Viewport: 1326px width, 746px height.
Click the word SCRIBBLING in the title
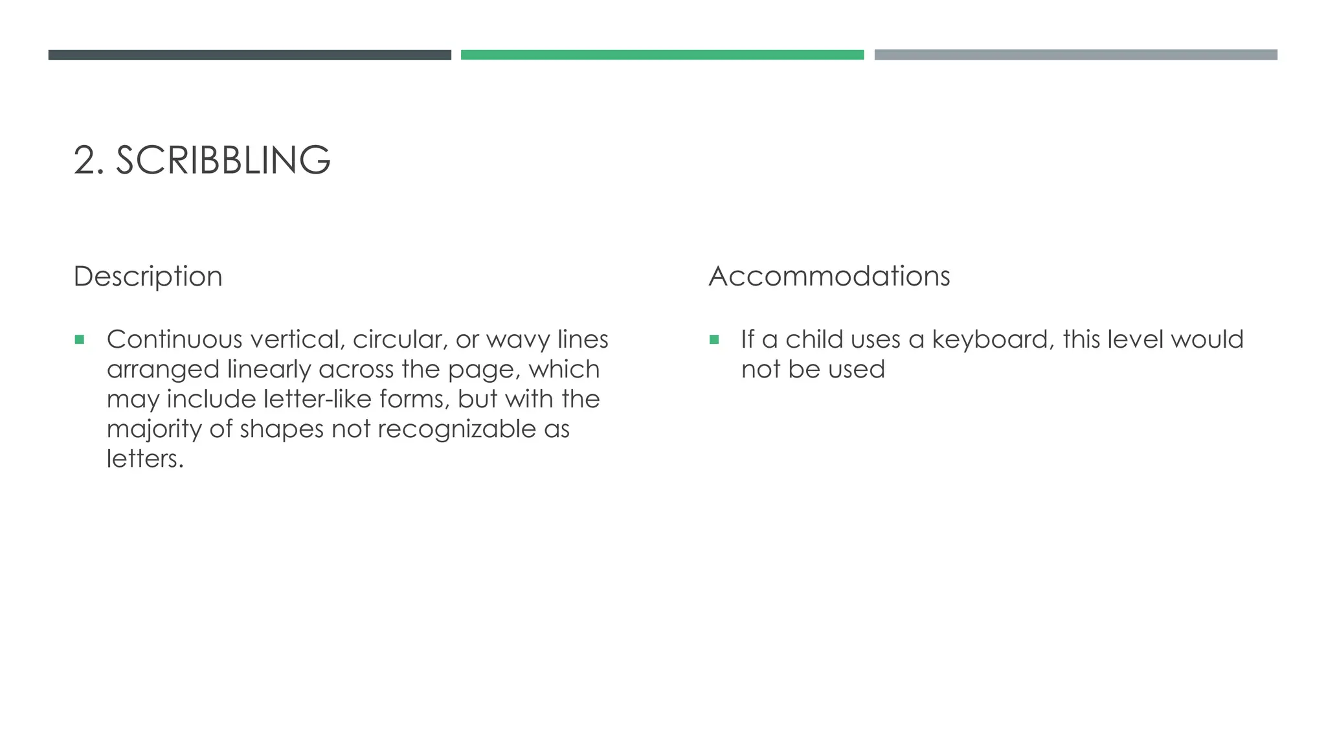point(223,160)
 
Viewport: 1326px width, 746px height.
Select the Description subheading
point(148,277)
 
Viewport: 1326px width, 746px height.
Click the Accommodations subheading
point(829,277)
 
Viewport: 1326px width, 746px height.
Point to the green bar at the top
point(662,55)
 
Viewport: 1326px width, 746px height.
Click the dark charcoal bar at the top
point(249,55)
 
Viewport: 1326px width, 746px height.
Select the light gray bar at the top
point(1075,55)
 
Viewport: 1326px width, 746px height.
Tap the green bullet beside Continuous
point(80,339)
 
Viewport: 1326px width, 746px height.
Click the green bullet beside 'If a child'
point(714,339)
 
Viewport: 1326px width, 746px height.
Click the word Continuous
point(174,339)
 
